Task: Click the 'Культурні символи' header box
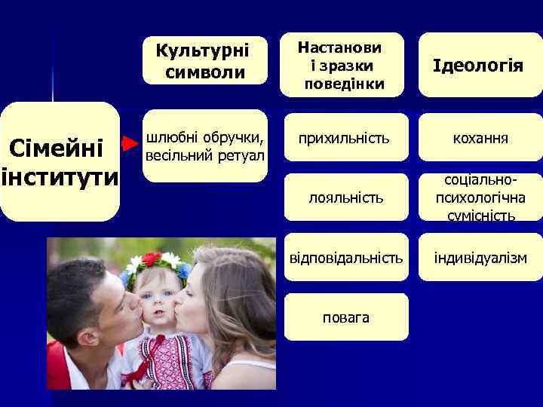tap(204, 61)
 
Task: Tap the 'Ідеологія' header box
tap(480, 65)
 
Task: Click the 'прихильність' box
tap(344, 139)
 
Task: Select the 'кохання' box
tap(480, 139)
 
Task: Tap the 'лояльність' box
tap(344, 197)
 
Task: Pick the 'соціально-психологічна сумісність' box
tap(480, 198)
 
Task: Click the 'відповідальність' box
tap(344, 258)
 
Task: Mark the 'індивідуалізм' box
tap(480, 258)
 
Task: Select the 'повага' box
tap(345, 317)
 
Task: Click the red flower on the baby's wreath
tap(152, 259)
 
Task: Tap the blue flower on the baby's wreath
tap(183, 271)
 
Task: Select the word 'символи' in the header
tap(204, 72)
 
